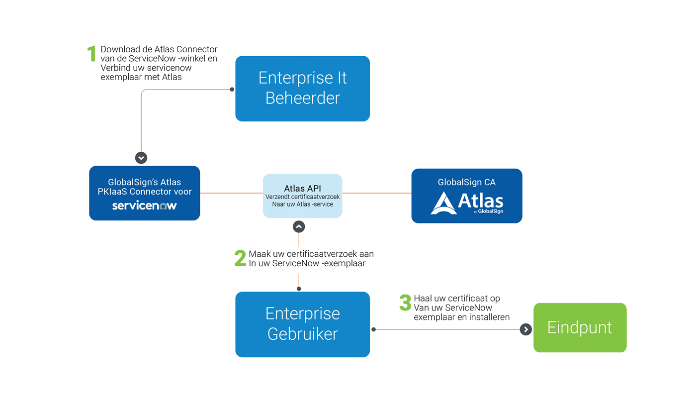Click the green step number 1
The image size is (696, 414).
(x=91, y=54)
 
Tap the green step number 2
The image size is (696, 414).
(x=240, y=258)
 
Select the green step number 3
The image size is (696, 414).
(x=405, y=303)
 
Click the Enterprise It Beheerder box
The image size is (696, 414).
(x=302, y=88)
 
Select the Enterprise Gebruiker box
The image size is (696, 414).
(x=302, y=324)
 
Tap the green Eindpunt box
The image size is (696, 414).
(x=580, y=327)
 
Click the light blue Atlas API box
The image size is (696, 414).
(x=302, y=196)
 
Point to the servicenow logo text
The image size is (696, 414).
(x=144, y=206)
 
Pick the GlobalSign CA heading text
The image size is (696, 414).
(x=466, y=182)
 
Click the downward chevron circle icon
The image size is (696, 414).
(x=141, y=158)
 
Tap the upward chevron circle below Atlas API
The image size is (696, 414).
(x=299, y=226)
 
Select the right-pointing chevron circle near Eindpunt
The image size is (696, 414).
(x=525, y=329)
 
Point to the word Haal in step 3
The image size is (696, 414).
(x=423, y=299)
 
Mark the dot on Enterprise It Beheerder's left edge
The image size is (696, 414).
(x=232, y=90)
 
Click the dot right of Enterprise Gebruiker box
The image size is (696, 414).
(x=373, y=329)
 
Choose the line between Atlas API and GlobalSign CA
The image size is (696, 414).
(x=376, y=193)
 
